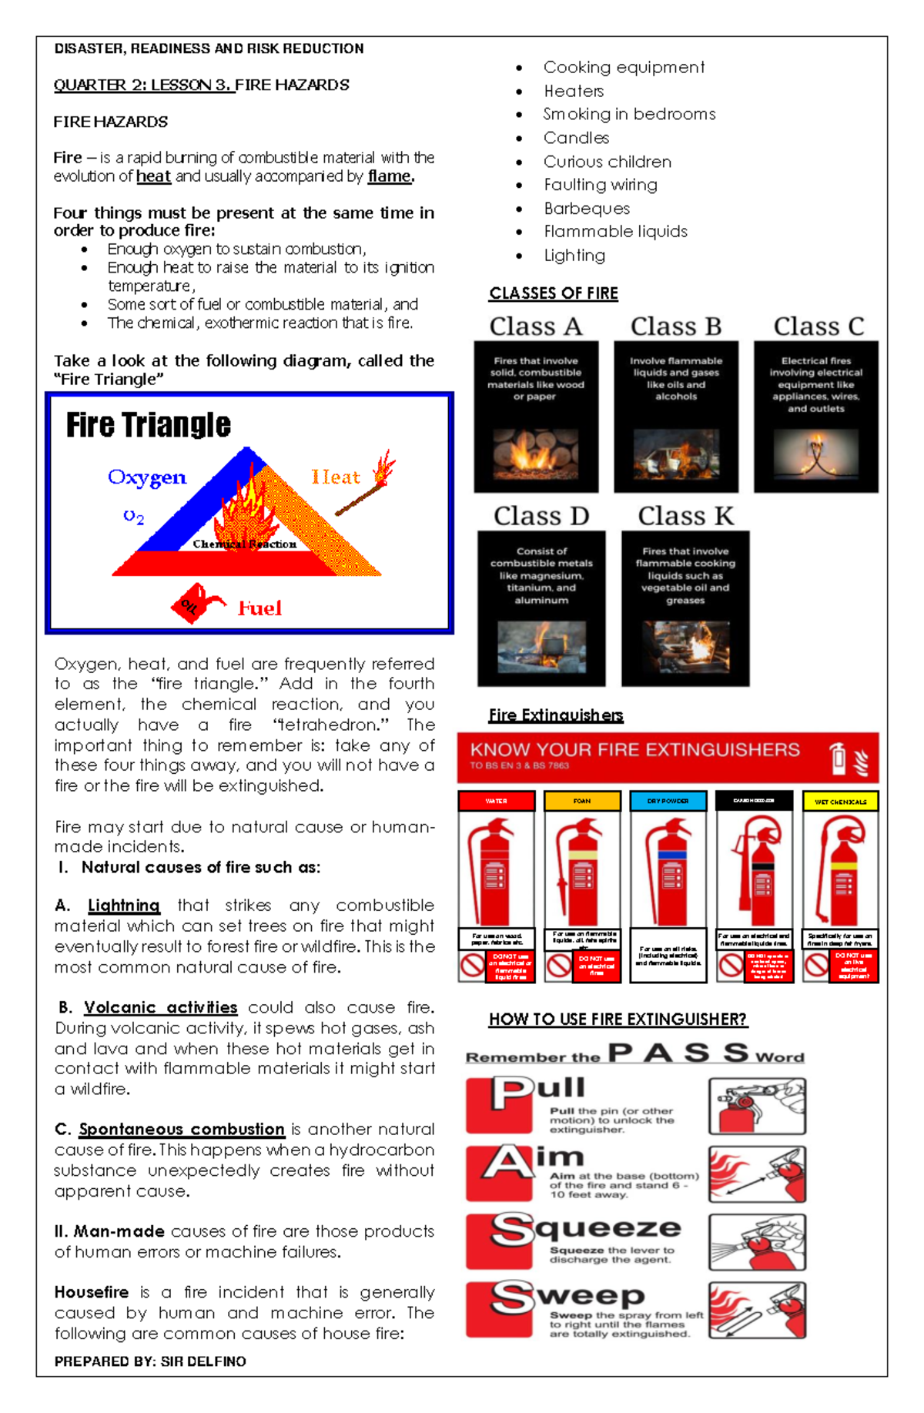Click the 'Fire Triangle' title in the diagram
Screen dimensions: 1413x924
pos(148,425)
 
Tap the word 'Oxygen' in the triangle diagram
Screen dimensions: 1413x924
pos(147,477)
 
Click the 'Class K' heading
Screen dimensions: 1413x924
pos(685,516)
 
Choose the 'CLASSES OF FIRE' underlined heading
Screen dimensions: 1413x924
pos(553,293)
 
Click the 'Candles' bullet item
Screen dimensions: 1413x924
pos(576,138)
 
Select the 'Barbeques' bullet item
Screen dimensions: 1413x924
pos(587,209)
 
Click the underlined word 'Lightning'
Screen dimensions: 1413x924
pos(123,906)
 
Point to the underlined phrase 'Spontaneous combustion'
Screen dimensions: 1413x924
pos(182,1129)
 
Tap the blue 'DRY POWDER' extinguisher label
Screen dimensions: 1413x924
pos(668,801)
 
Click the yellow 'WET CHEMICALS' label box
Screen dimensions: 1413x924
pos(840,802)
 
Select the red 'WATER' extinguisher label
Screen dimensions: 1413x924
pos(496,801)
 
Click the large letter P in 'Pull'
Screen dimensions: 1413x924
pos(511,1093)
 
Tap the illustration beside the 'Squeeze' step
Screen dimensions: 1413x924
pos(757,1242)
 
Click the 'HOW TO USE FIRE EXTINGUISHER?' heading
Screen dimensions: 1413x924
pos(618,1020)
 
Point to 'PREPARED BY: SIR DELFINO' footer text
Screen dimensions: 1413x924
pos(150,1361)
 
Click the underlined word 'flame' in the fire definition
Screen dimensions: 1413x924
pos(390,176)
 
